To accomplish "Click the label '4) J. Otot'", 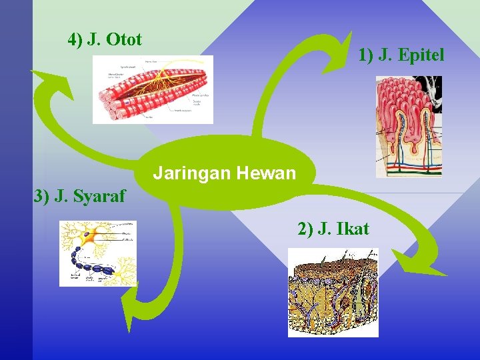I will pyautogui.click(x=105, y=40).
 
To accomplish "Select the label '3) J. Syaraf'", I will pyautogui.click(x=79, y=197).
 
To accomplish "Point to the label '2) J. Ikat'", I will pyautogui.click(x=333, y=229).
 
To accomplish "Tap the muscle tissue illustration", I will pyautogui.click(x=153, y=89).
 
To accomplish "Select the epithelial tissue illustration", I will pyautogui.click(x=409, y=126).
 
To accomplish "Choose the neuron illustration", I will pyautogui.click(x=97, y=253).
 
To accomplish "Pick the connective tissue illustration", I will pyautogui.click(x=333, y=292).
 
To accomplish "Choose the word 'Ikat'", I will pyautogui.click(x=353, y=229).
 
